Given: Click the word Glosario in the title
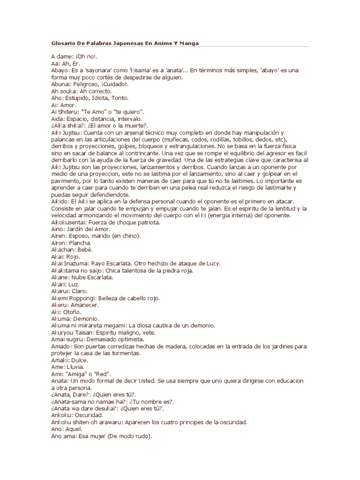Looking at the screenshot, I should pos(63,43).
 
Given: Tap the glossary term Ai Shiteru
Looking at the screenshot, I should pos(67,112).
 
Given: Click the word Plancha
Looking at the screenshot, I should pos(82,243).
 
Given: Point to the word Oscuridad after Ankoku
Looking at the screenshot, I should pos(90,415).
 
